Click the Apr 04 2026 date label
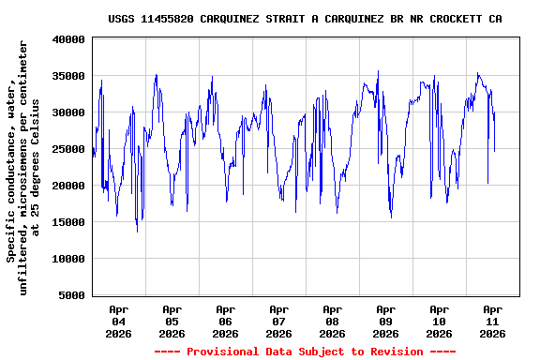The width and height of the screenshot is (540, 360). (118, 321)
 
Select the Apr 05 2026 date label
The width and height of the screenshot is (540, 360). (172, 321)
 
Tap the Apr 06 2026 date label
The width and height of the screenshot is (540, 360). (225, 321)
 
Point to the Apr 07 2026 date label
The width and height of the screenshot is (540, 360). (278, 321)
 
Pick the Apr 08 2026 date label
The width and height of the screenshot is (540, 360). (332, 321)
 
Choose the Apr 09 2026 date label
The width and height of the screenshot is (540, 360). (385, 321)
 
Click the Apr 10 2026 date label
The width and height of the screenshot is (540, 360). (439, 321)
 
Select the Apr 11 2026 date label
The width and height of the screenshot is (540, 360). (492, 321)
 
